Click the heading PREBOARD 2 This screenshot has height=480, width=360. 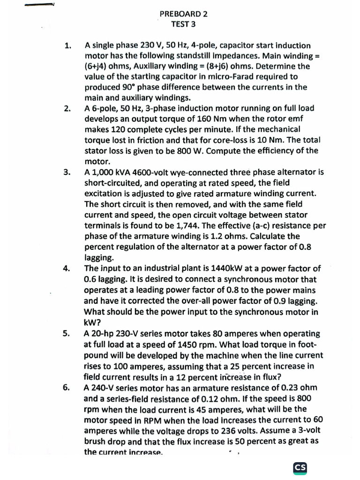pos(183,14)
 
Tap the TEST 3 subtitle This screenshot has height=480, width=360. pos(183,24)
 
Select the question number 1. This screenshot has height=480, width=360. pos(68,46)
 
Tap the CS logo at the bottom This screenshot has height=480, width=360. pos(300,467)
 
